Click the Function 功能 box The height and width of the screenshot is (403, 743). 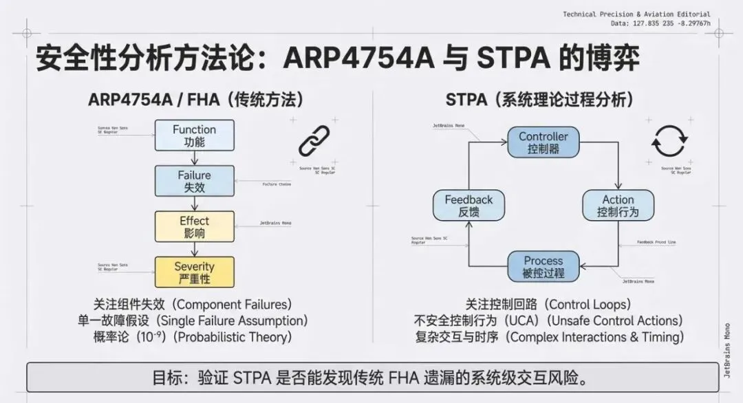pyautogui.click(x=194, y=135)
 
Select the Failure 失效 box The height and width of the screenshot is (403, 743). pyautogui.click(x=194, y=181)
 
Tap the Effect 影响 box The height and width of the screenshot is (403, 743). pyautogui.click(x=194, y=226)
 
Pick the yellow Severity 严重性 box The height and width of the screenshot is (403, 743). pyautogui.click(x=194, y=272)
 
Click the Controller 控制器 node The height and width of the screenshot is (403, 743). pyautogui.click(x=543, y=142)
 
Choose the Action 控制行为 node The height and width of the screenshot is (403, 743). pyautogui.click(x=618, y=206)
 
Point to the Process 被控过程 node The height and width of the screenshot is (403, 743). pyautogui.click(x=543, y=267)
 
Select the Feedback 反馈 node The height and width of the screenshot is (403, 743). pyautogui.click(x=469, y=206)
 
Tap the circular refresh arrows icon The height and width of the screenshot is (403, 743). pyautogui.click(x=669, y=141)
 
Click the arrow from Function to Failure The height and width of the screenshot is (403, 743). pyautogui.click(x=194, y=158)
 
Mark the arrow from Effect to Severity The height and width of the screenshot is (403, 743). pyautogui.click(x=194, y=249)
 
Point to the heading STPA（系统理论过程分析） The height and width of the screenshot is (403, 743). pyautogui.click(x=539, y=100)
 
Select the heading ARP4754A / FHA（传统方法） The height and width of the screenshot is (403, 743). pyautogui.click(x=195, y=100)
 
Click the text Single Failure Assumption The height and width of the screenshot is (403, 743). pyautogui.click(x=227, y=320)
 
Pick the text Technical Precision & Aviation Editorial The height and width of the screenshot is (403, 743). pyautogui.click(x=636, y=14)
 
